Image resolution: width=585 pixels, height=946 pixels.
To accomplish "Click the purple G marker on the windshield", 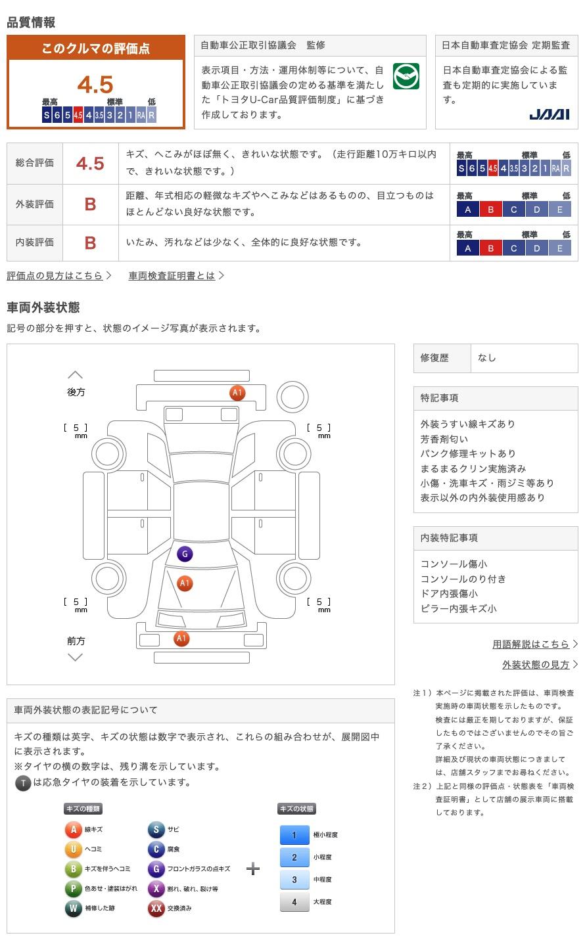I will [185, 554].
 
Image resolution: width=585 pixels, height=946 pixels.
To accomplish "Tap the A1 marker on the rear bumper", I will [237, 393].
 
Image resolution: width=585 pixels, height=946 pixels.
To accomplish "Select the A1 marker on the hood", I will [185, 583].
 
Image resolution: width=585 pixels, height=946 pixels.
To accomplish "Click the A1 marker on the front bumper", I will [181, 638].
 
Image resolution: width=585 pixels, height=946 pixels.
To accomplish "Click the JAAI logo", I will [550, 114].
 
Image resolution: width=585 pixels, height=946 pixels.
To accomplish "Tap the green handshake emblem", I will [406, 77].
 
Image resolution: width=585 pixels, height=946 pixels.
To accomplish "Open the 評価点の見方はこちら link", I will [55, 276].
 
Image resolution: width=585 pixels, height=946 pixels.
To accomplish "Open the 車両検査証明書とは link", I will [172, 276].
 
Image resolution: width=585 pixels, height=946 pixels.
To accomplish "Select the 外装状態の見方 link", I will [536, 665].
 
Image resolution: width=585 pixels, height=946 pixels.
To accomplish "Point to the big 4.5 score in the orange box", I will [95, 85].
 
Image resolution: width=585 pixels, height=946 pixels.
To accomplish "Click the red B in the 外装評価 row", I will [90, 204].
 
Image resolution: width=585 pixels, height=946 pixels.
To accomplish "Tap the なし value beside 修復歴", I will [487, 358].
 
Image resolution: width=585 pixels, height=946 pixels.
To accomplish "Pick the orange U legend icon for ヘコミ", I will [73, 849].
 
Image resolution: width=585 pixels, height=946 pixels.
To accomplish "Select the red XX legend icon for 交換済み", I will [156, 909].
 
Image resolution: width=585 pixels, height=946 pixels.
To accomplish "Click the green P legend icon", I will [73, 889].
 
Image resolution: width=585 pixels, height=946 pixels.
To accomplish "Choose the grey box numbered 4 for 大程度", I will [294, 902].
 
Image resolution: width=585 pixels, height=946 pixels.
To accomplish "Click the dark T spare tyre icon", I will [23, 782].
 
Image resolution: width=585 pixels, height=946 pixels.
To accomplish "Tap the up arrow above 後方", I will [76, 375].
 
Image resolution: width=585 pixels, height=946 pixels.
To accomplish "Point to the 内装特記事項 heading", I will [450, 538].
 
